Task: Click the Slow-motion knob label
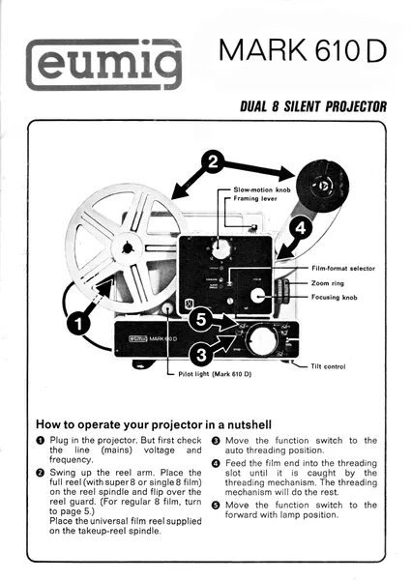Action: click(262, 190)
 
